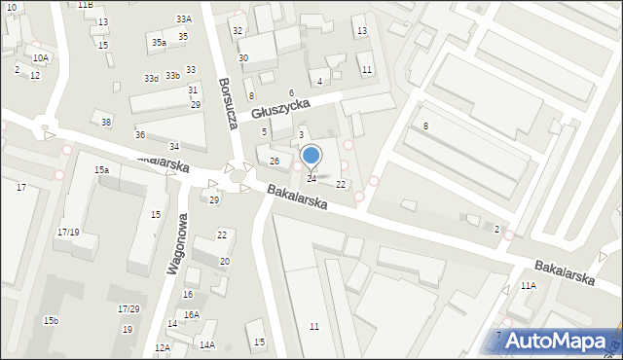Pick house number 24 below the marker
[x=311, y=179]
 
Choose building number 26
[x=275, y=161]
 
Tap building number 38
[x=106, y=122]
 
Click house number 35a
[x=159, y=43]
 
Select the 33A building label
[x=184, y=19]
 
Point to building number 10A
[x=40, y=58]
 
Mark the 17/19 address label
[x=68, y=233]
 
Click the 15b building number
[x=51, y=321]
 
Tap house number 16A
[x=192, y=315]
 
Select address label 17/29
[x=128, y=309]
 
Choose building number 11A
[x=528, y=286]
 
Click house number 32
[x=238, y=31]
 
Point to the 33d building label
[x=151, y=78]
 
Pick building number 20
[x=225, y=262]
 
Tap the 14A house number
[x=206, y=344]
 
